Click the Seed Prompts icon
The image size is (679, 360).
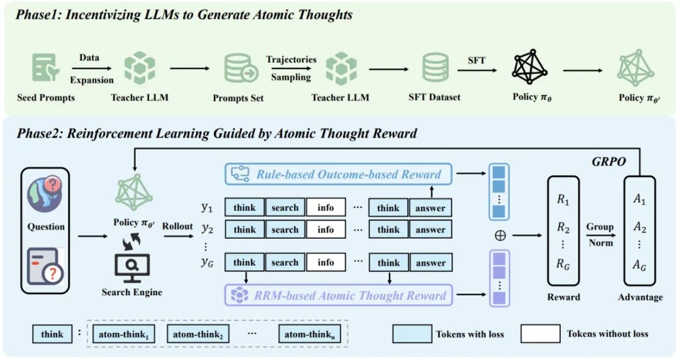pos(45,67)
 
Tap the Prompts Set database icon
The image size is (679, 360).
pos(241,68)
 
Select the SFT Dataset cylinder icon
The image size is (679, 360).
pos(435,67)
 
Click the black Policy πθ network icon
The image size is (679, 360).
pos(529,67)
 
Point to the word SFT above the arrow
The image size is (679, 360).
pos(477,60)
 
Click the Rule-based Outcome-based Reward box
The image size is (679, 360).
pos(338,175)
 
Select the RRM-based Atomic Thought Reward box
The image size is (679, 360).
pos(338,295)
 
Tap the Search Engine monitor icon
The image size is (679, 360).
pos(132,269)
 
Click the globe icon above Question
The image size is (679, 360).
pos(45,195)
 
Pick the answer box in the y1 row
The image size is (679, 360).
pos(431,208)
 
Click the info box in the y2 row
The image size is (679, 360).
pos(326,229)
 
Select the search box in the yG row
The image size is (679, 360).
pos(285,263)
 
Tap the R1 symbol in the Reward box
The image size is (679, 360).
pos(563,200)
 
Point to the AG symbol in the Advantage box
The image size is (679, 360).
pos(639,265)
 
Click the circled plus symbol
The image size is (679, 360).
pos(500,236)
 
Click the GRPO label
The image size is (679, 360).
pos(609,162)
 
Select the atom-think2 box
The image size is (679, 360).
pos(198,334)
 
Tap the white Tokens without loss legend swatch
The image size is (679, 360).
pos(541,334)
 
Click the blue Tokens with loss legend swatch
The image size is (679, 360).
pos(412,334)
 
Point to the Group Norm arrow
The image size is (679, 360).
pos(600,236)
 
